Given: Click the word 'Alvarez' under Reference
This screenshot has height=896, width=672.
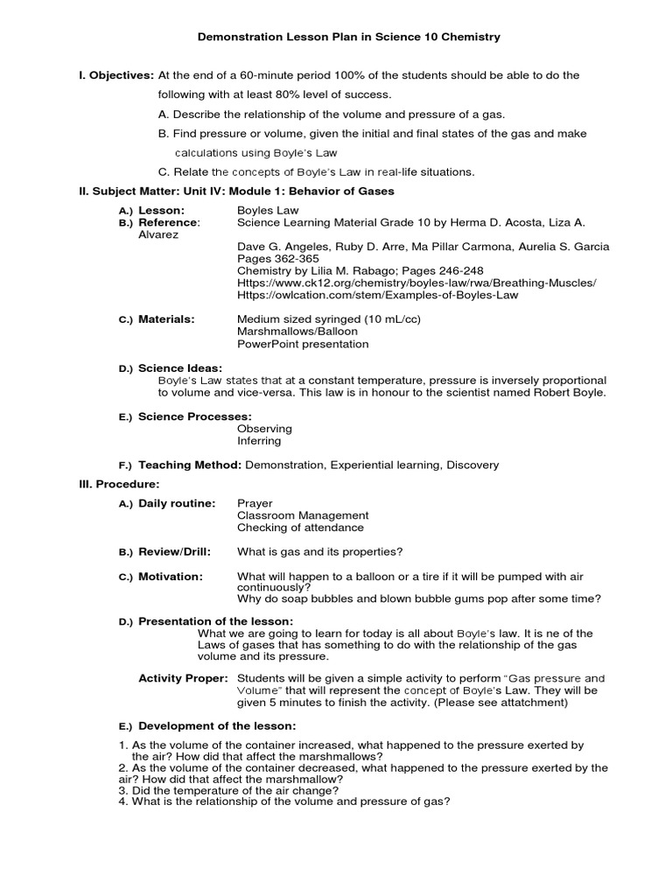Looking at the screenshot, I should pyautogui.click(x=158, y=235).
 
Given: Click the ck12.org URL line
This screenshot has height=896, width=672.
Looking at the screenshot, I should pyautogui.click(x=416, y=283).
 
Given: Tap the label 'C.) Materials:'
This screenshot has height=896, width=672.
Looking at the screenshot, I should pyautogui.click(x=157, y=319).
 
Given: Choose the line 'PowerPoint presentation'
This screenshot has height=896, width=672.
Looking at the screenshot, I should pyautogui.click(x=303, y=344).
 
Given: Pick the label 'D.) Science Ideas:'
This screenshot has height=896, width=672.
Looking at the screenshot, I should pyautogui.click(x=171, y=368).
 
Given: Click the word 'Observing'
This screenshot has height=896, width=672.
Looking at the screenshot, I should pyautogui.click(x=264, y=429).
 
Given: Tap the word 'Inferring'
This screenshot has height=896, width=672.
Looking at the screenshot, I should pyautogui.click(x=259, y=441).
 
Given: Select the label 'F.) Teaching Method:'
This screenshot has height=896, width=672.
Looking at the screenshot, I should pyautogui.click(x=180, y=465).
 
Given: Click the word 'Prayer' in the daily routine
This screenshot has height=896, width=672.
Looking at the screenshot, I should pyautogui.click(x=255, y=503).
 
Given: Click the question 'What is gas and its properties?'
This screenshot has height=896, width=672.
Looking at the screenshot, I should pyautogui.click(x=319, y=552).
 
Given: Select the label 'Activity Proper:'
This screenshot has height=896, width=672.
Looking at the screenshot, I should pyautogui.click(x=184, y=678).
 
